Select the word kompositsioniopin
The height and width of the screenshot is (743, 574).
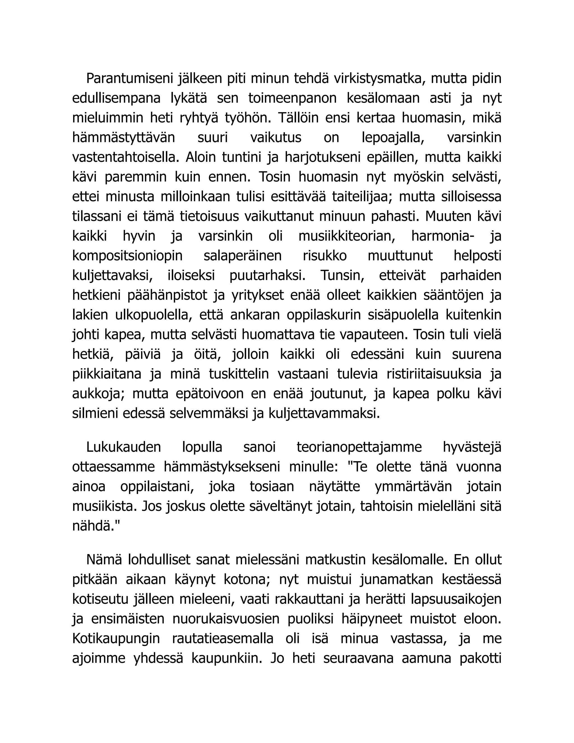point(128,256)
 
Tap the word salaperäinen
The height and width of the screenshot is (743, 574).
point(242,256)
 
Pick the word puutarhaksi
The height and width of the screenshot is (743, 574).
point(267,276)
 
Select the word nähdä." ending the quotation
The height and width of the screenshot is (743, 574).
point(96,526)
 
